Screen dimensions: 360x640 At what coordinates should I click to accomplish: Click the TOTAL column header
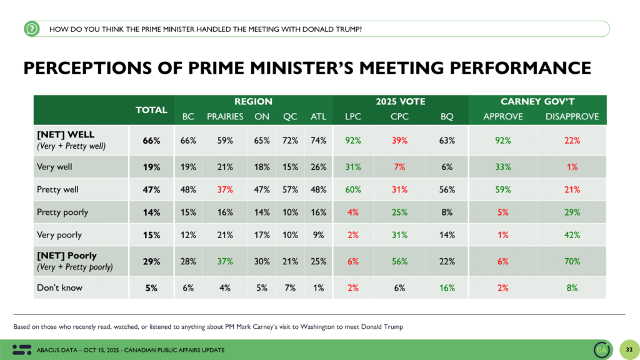[152, 109]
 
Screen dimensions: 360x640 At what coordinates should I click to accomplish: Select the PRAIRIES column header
[224, 116]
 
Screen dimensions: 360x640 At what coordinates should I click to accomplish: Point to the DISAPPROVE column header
[572, 116]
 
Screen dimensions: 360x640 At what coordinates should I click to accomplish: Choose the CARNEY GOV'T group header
[537, 101]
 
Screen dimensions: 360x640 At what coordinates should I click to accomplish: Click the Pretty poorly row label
[62, 212]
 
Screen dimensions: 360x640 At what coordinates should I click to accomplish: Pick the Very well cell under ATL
[318, 167]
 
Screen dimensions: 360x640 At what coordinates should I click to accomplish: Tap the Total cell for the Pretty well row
[151, 189]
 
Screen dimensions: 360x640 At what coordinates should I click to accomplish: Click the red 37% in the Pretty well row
[225, 189]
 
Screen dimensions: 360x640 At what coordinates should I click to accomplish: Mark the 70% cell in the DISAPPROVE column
[571, 261]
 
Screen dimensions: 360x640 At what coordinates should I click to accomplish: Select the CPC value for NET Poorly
[399, 261]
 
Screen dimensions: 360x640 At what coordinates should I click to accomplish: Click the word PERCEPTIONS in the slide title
[86, 67]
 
